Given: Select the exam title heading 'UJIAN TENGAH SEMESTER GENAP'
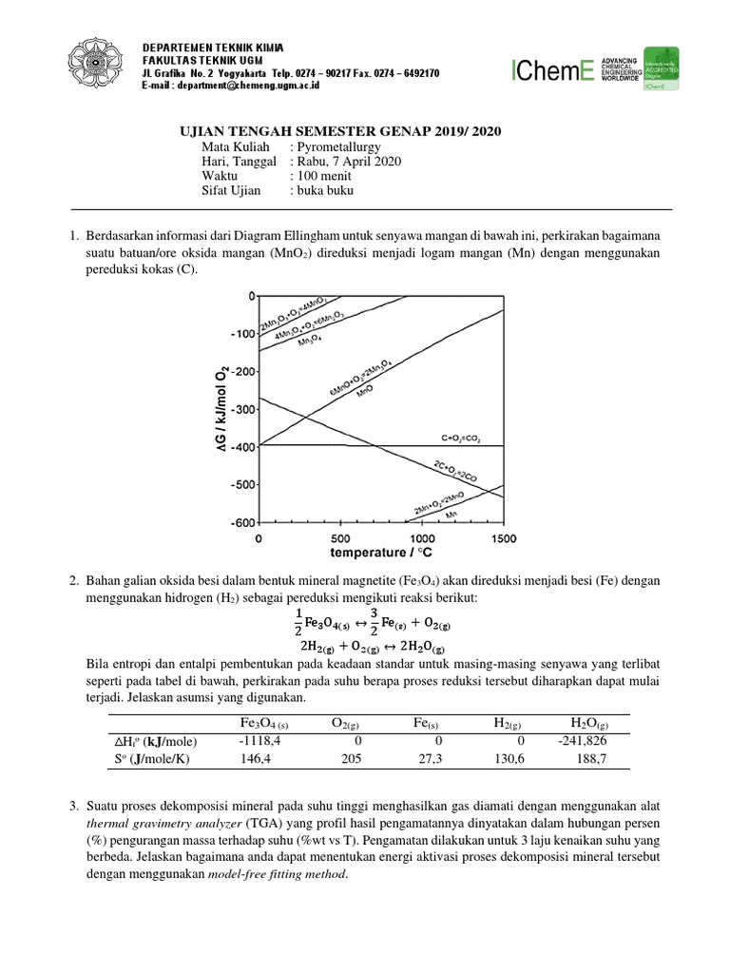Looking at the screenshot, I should pyautogui.click(x=340, y=131).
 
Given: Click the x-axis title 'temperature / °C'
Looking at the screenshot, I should pyautogui.click(x=381, y=552).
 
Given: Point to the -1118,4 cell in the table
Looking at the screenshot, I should pyautogui.click(x=258, y=740).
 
